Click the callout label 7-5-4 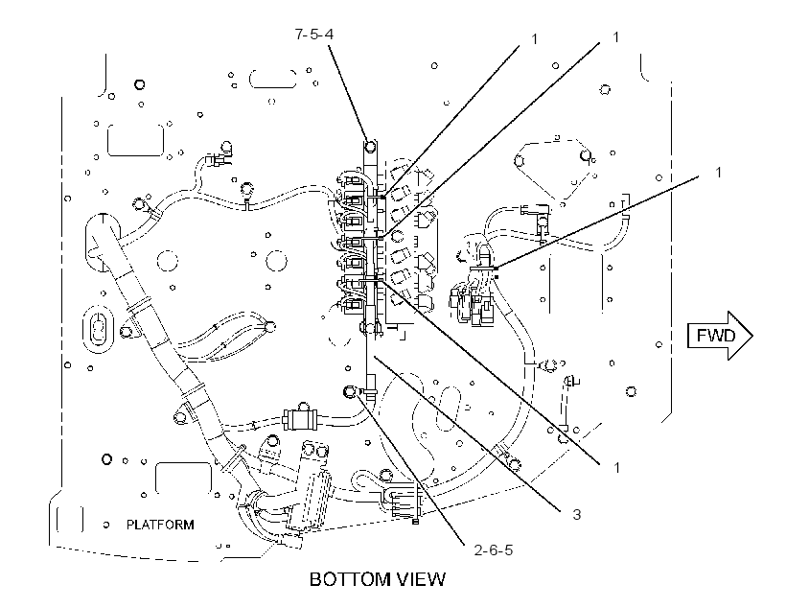(313, 35)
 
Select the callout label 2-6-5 (494, 550)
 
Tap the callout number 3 (576, 514)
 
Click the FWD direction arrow (720, 336)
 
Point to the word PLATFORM (160, 525)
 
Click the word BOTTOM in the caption (350, 579)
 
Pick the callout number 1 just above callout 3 (616, 468)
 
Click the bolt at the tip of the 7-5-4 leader (370, 147)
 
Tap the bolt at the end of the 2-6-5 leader (350, 391)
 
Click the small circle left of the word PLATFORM (106, 526)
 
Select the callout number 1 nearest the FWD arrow (718, 173)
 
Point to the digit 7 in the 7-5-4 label (299, 35)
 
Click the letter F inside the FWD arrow (701, 335)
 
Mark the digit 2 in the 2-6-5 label (478, 550)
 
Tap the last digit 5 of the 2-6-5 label (509, 550)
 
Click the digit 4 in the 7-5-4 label (329, 35)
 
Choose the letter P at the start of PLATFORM (130, 525)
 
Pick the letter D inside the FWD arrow (728, 335)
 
